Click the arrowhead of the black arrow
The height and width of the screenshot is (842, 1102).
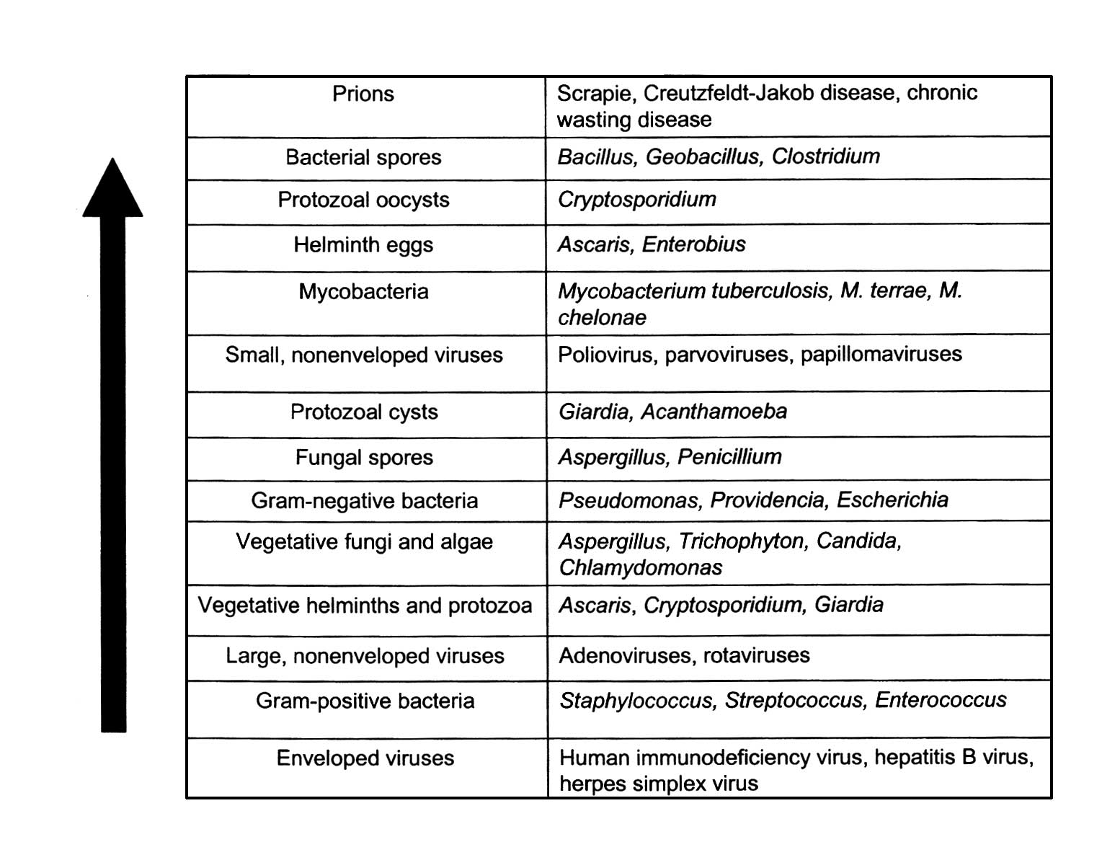point(112,190)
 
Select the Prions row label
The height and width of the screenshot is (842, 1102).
point(363,94)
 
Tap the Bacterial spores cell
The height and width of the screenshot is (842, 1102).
point(363,157)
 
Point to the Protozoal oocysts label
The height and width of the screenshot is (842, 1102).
point(363,200)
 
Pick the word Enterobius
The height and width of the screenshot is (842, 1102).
point(693,244)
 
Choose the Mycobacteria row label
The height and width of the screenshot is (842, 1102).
point(363,291)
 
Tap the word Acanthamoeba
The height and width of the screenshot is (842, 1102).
point(714,412)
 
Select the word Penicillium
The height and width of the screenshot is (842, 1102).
point(729,457)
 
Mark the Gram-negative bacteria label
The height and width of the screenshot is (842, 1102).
point(364,501)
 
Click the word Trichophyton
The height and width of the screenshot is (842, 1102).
point(742,541)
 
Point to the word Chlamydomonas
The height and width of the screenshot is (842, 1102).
point(640,568)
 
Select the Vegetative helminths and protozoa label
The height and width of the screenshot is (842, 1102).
point(365,606)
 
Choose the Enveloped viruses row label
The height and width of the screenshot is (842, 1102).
point(365,758)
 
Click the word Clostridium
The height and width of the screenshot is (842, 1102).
point(825,156)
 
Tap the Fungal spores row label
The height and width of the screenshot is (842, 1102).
point(364,458)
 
